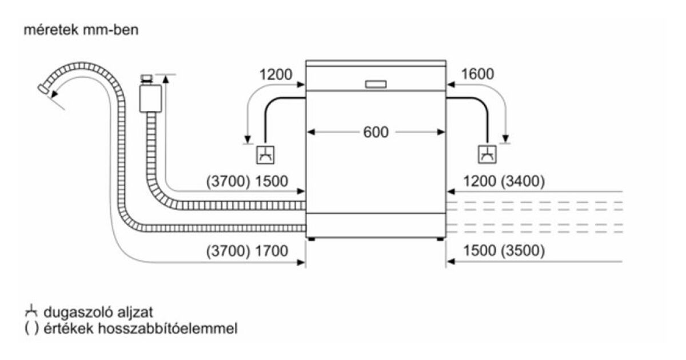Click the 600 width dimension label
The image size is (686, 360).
pos(376,132)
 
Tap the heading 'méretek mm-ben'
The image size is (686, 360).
pos(81,30)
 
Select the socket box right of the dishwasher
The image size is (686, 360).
pos(487,154)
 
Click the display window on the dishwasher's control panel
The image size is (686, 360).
pos(376,84)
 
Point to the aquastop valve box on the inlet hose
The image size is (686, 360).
pos(150,98)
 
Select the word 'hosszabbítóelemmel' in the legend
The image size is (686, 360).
pos(181,329)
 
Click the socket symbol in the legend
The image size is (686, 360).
pos(30,311)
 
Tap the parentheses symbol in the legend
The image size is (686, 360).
pos(30,329)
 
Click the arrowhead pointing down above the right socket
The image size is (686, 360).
pos(505,138)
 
